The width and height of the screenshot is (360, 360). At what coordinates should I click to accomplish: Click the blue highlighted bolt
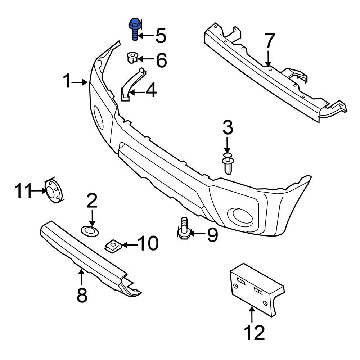click(134, 30)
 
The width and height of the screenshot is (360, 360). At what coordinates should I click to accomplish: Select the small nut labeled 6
click(132, 58)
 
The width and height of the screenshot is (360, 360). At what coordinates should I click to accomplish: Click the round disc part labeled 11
click(54, 190)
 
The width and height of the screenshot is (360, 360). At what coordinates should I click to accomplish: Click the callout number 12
click(255, 333)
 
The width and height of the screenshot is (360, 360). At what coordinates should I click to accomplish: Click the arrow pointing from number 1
click(80, 82)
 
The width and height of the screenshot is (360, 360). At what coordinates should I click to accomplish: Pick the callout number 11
click(23, 190)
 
